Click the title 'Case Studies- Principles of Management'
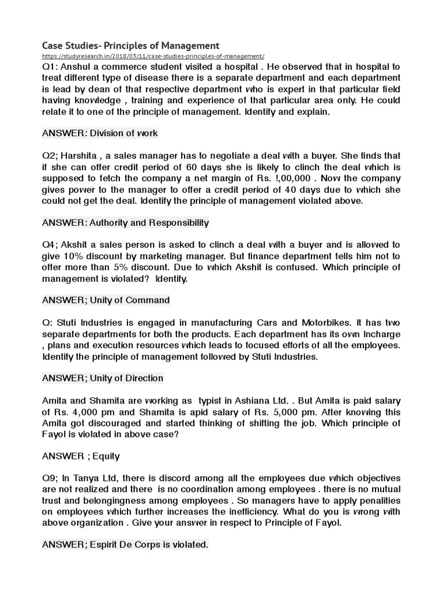coord(131,45)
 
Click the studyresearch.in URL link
coord(153,56)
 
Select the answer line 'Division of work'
coord(100,133)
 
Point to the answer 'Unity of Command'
coord(106,300)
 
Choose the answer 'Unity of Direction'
coord(103,378)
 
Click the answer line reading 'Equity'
coord(81,456)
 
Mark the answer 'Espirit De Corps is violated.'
coord(125,544)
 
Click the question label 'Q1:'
coord(51,67)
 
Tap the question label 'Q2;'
coord(51,156)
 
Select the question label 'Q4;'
coord(51,245)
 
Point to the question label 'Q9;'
coord(51,478)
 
